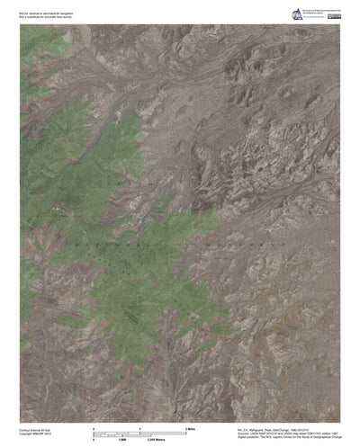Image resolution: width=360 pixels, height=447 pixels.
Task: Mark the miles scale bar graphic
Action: tap(140, 430)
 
